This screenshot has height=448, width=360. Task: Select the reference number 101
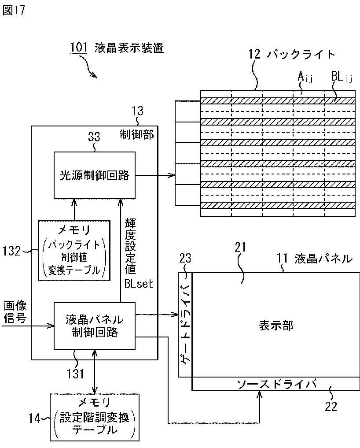click(79, 47)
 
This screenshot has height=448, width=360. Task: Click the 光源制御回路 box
click(95, 175)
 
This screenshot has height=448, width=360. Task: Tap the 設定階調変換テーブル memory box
click(95, 417)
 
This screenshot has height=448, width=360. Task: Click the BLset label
click(138, 283)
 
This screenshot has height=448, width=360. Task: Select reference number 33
click(94, 137)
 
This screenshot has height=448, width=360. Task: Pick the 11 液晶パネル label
click(314, 259)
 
